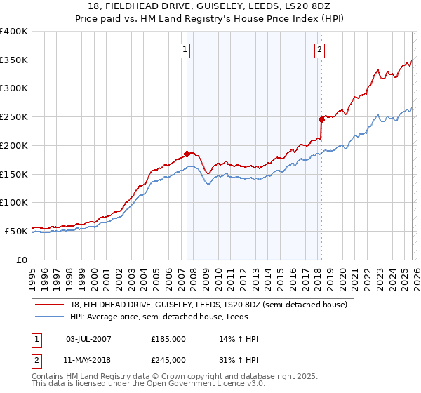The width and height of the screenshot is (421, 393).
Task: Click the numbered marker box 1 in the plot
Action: [x=185, y=49]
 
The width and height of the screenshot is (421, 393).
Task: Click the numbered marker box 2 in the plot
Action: [x=319, y=49]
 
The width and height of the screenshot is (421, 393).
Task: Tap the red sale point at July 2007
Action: [x=187, y=153]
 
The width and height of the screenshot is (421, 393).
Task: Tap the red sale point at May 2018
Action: [x=321, y=119]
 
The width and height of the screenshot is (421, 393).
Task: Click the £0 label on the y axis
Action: [x=22, y=260]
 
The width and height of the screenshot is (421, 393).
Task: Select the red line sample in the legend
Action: [x=50, y=305]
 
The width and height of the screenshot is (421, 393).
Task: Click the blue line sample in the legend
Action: [x=50, y=317]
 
